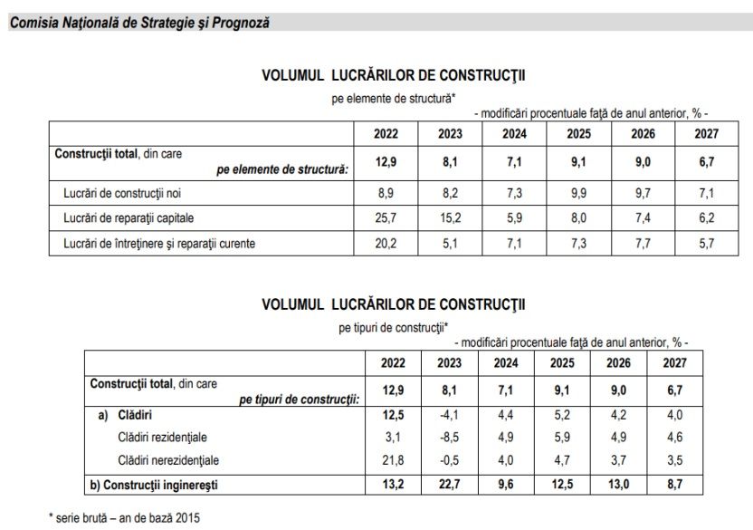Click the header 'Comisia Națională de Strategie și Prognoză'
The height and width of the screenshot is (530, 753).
tap(138, 23)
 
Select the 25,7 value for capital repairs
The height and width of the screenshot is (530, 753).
tap(386, 218)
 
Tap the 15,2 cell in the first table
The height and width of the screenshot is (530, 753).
tap(450, 218)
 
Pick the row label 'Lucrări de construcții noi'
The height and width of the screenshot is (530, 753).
tap(123, 193)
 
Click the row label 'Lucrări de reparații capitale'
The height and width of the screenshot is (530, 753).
tap(129, 218)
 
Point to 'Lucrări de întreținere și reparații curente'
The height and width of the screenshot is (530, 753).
tap(159, 244)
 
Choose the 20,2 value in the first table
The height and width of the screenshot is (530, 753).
tap(386, 244)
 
